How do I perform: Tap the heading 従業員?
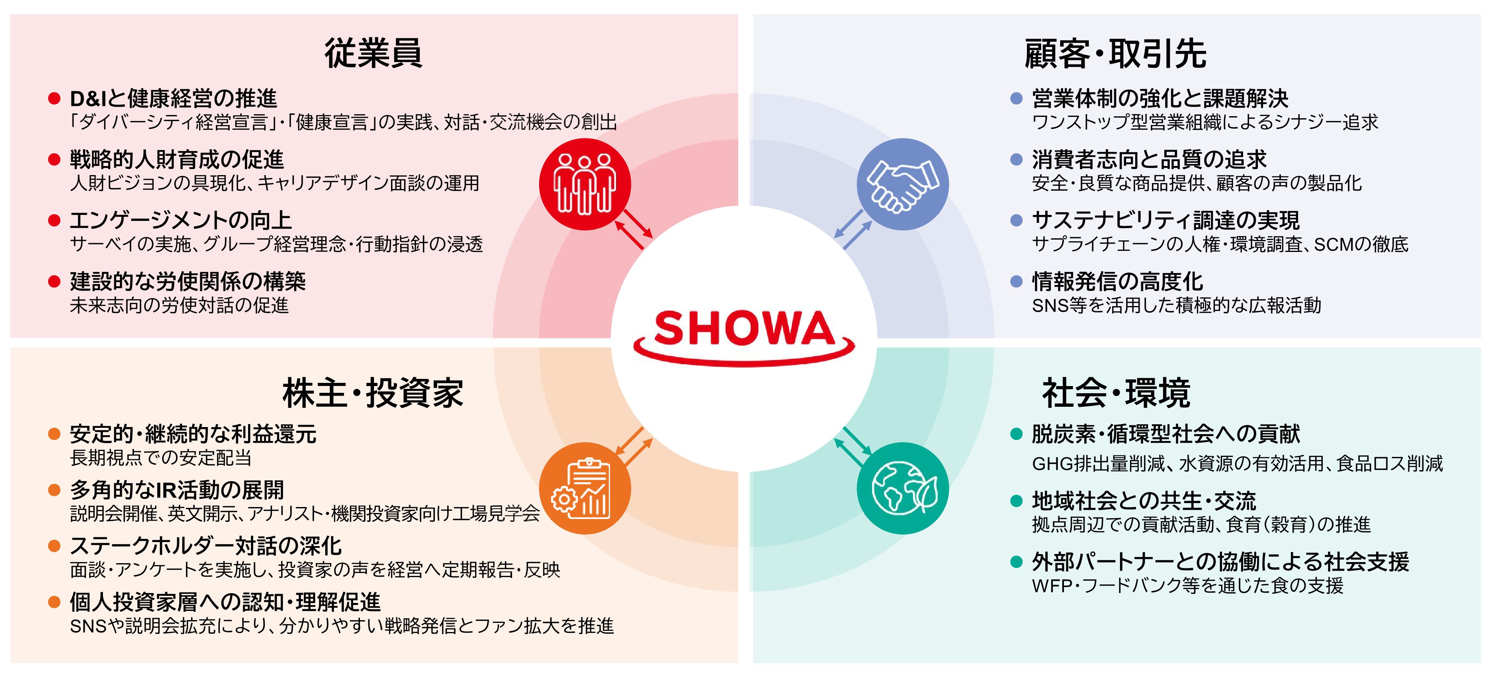[x=373, y=53]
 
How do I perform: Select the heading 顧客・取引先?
[x=1115, y=54]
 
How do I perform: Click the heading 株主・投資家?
[x=373, y=393]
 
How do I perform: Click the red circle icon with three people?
[x=585, y=184]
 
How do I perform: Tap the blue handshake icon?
[x=902, y=184]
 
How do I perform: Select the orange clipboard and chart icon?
[x=585, y=488]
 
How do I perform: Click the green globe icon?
[x=902, y=488]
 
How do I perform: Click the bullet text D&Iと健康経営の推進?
[x=174, y=98]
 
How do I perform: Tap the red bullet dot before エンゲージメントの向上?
[x=55, y=220]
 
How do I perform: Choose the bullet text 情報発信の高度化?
[x=1117, y=281]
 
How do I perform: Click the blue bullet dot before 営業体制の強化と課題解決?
[x=1016, y=98]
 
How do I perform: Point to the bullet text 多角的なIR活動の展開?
[x=177, y=490]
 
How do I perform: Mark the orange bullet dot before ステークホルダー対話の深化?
[x=55, y=546]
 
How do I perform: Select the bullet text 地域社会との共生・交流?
[x=1144, y=501]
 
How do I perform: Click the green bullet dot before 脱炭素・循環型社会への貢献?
[x=1016, y=434]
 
